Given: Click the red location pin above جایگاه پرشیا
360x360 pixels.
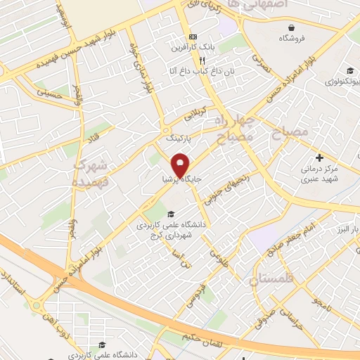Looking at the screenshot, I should pos(181,165).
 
